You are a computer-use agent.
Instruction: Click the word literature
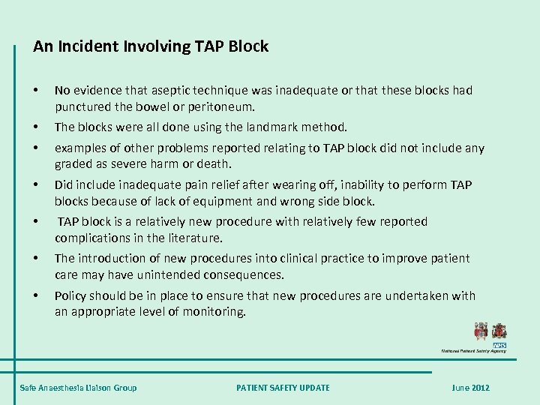click(196, 237)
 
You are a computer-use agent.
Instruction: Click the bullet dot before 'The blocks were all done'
click(37, 127)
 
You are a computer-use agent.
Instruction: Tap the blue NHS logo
click(499, 343)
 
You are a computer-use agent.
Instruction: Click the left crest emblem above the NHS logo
click(481, 331)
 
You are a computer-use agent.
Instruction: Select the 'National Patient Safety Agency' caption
click(473, 351)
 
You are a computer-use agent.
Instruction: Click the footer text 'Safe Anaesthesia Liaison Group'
click(78, 388)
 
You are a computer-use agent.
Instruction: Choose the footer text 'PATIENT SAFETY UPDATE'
click(283, 388)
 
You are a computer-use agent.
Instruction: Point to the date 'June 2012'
click(470, 388)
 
